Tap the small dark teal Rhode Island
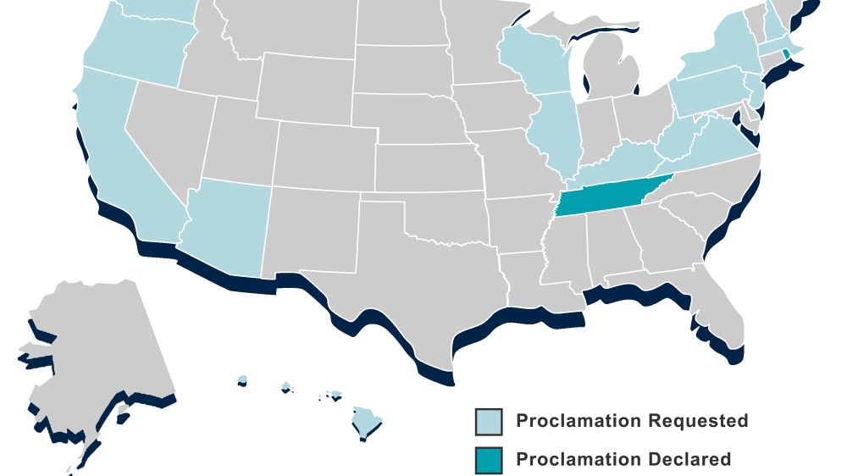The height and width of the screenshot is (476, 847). click(786, 54)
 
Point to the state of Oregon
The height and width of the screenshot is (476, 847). click(136, 51)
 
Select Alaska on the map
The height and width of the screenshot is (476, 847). click(93, 356)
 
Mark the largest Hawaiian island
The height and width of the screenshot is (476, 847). click(367, 420)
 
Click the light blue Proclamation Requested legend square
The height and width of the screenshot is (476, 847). click(489, 421)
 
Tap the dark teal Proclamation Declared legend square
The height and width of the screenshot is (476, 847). click(489, 460)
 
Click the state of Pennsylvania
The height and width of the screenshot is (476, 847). click(707, 93)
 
